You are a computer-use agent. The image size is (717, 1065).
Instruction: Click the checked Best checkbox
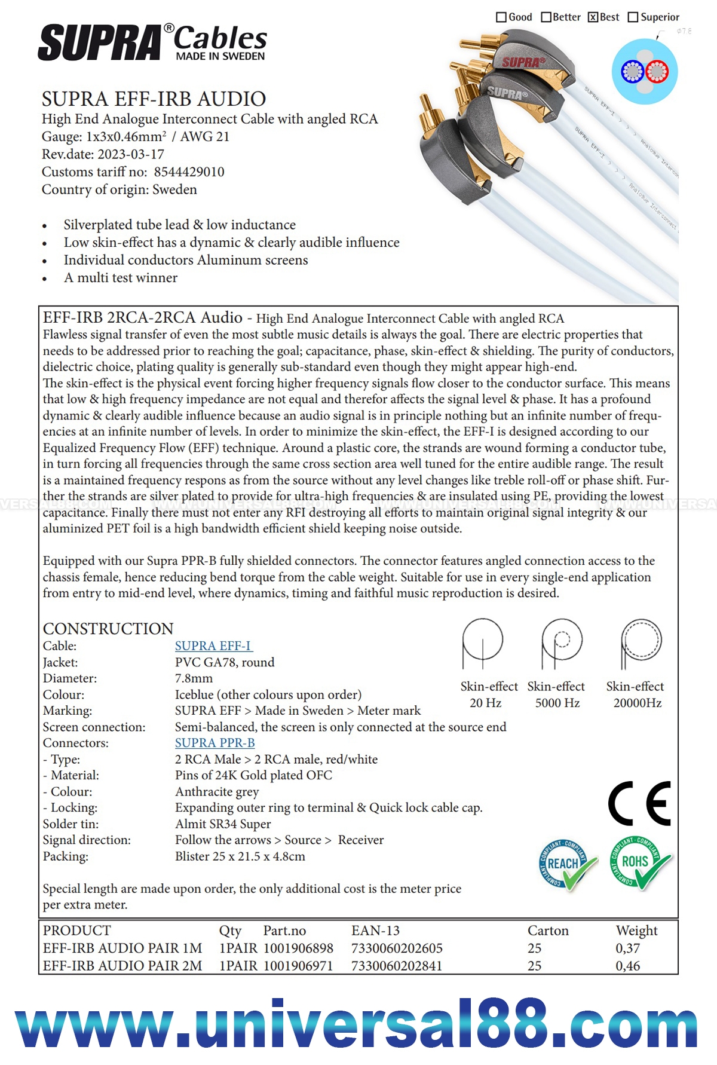click(x=593, y=17)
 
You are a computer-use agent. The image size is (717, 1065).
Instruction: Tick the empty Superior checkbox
click(x=633, y=17)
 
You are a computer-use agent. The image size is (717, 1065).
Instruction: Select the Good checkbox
click(x=501, y=17)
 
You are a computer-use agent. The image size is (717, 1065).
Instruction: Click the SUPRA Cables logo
click(x=152, y=42)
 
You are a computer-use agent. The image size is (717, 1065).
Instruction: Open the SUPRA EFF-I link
click(x=213, y=646)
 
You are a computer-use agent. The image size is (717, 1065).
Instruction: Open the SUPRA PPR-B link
click(x=215, y=743)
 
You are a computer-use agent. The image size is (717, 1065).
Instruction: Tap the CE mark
click(x=639, y=803)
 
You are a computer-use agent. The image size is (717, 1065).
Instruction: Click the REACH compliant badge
click(x=566, y=864)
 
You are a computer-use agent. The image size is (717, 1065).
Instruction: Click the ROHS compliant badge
click(x=638, y=862)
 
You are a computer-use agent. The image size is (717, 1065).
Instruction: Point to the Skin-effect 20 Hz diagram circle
click(x=483, y=639)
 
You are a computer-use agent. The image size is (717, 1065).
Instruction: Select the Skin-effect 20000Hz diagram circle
click(x=641, y=639)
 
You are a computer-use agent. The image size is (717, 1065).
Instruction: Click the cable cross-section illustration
click(x=645, y=72)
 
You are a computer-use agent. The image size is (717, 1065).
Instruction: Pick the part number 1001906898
click(x=298, y=948)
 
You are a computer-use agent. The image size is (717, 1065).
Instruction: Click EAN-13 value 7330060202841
click(x=397, y=966)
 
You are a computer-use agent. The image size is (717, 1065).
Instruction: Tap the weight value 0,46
click(x=627, y=966)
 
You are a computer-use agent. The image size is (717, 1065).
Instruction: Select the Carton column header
click(x=548, y=931)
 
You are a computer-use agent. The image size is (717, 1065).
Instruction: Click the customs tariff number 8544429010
click(x=189, y=172)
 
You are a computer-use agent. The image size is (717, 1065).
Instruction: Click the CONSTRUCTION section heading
click(x=108, y=629)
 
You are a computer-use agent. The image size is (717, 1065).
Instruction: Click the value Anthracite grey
click(x=217, y=792)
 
